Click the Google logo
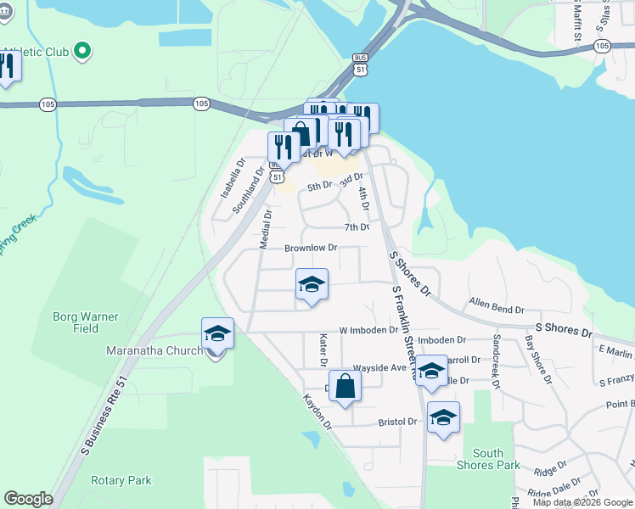(28, 499)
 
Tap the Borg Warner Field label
(86, 322)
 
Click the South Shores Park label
(496, 459)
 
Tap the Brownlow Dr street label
(311, 249)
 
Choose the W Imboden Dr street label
(368, 330)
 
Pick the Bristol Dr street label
(397, 422)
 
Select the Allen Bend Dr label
(492, 303)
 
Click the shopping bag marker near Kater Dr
(345, 387)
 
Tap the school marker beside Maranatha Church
(217, 334)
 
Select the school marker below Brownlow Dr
(312, 285)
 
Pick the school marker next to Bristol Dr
(442, 417)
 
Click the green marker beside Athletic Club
(82, 52)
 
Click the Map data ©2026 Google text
(582, 502)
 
